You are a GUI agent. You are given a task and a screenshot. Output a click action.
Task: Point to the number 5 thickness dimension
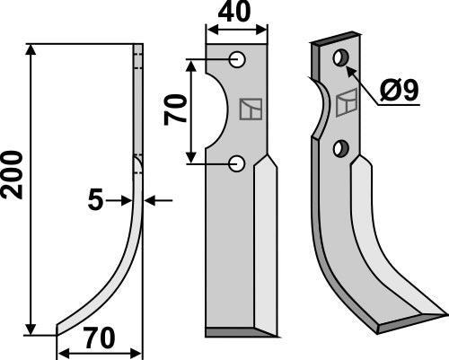[95, 202]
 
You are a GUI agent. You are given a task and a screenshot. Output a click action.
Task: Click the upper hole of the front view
[237, 59]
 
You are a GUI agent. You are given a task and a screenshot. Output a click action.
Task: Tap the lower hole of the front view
[237, 162]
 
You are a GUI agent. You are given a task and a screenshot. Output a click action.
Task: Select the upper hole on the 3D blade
[340, 58]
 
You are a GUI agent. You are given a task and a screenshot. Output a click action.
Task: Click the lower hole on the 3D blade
[340, 146]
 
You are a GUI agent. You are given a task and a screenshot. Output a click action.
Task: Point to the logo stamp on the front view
[251, 109]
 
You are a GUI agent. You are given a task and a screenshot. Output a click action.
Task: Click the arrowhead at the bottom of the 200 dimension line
[33, 329]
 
